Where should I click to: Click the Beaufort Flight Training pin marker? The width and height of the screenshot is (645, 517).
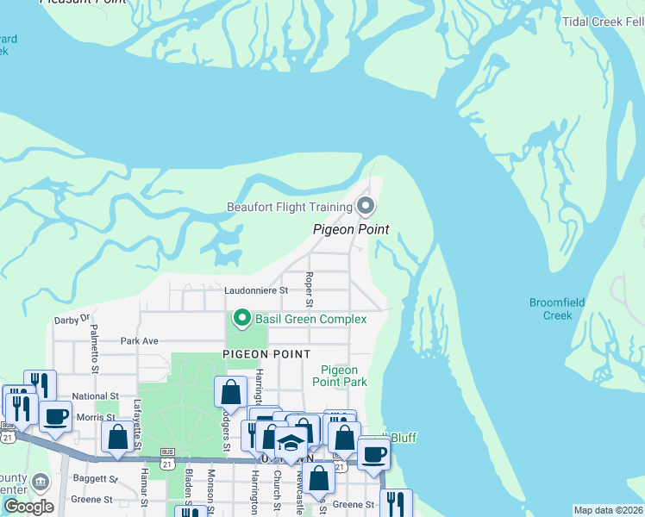point(366,206)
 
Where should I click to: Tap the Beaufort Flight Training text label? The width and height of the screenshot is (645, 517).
point(290,207)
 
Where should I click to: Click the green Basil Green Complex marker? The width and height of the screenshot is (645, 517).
point(242,319)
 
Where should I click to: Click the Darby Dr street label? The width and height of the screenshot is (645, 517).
point(72,319)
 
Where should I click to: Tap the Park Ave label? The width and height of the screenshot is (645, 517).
point(139,341)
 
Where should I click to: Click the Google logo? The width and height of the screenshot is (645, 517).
point(28,507)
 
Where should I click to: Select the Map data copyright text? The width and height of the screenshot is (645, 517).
point(609,510)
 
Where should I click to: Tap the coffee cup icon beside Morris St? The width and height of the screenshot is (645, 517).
point(56,417)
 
